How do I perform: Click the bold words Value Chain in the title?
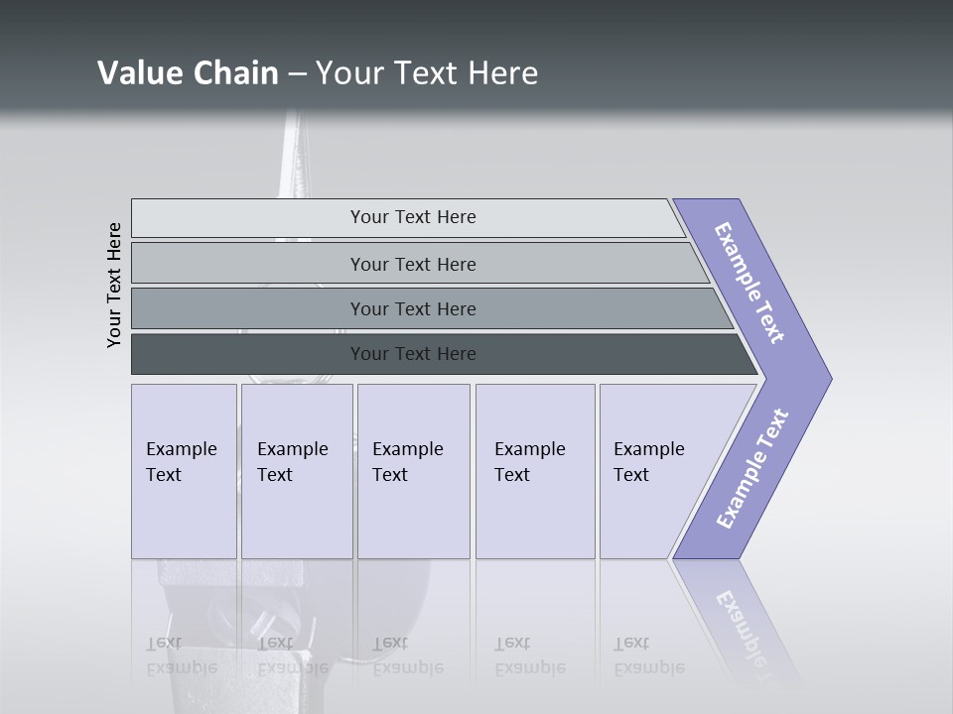point(188,73)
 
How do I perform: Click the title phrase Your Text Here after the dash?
point(427,73)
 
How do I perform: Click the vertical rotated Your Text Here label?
point(114,285)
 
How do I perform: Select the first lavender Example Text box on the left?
point(184,470)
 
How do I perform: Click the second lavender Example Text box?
point(296,470)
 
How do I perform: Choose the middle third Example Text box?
point(413,470)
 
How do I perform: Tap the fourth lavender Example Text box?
point(534,470)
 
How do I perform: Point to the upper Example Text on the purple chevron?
point(749,283)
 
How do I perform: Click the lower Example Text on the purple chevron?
point(751,468)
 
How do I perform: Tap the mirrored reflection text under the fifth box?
point(648,655)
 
